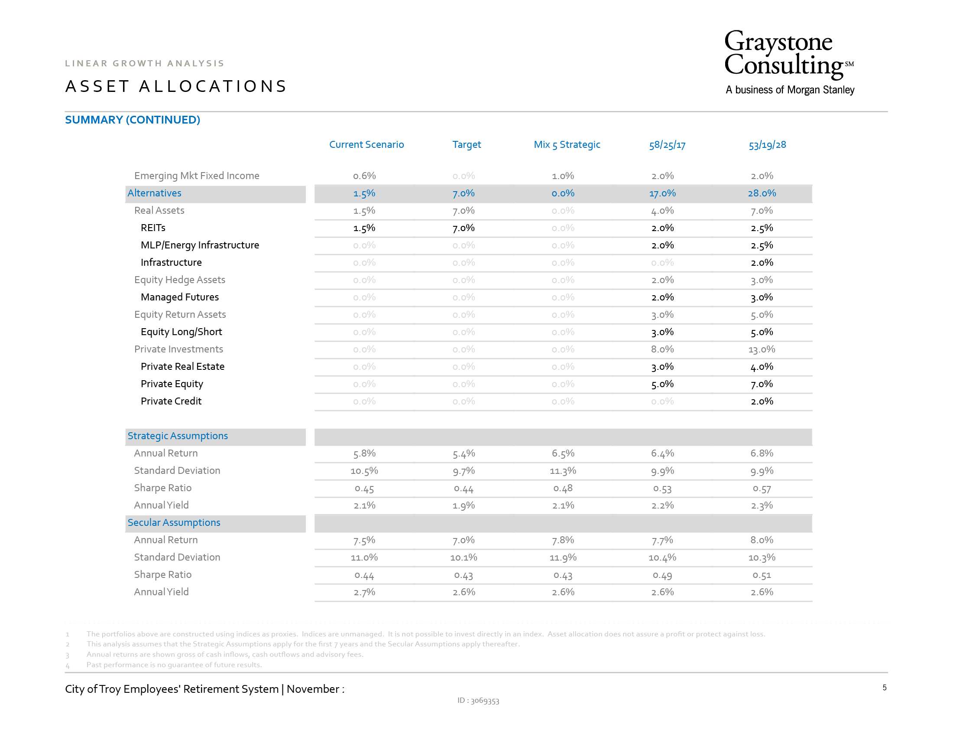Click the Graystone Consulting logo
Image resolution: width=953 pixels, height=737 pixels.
(789, 62)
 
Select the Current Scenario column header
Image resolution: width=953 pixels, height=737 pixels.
(366, 144)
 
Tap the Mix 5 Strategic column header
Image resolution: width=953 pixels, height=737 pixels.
(567, 144)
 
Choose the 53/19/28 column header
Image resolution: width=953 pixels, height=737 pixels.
(767, 145)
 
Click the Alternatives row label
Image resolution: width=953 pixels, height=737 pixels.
(155, 193)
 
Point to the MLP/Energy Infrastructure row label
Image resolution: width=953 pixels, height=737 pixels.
(200, 245)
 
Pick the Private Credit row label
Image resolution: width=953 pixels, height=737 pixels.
(171, 401)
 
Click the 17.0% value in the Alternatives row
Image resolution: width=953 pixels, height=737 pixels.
(662, 193)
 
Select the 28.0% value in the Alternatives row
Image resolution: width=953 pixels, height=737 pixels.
(762, 193)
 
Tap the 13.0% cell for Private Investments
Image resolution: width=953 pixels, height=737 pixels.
(762, 349)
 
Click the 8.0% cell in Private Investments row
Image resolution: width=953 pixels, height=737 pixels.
(662, 349)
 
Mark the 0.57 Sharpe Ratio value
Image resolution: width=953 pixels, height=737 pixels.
(762, 489)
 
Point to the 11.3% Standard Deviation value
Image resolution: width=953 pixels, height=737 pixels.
(563, 471)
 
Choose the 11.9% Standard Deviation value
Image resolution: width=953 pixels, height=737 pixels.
(563, 558)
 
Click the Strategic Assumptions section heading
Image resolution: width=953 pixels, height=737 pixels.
(178, 436)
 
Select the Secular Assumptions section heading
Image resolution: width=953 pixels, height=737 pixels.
(174, 522)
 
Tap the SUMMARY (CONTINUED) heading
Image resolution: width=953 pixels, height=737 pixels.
(133, 120)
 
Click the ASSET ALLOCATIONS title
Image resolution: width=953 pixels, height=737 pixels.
(176, 86)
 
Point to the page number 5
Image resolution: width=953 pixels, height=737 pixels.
(885, 688)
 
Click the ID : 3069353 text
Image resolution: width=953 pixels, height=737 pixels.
(478, 700)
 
